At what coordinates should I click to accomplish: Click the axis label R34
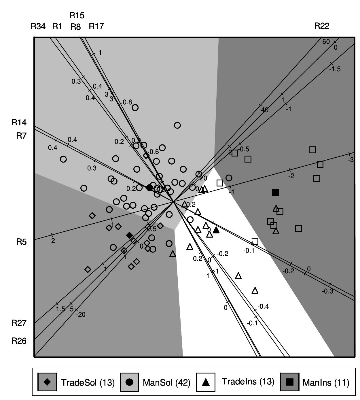click(38, 27)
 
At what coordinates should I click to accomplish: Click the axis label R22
click(322, 26)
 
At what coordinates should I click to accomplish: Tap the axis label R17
click(96, 27)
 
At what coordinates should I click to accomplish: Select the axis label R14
click(19, 123)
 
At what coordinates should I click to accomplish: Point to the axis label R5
click(21, 242)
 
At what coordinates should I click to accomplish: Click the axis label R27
click(19, 323)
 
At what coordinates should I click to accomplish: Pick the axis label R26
click(19, 341)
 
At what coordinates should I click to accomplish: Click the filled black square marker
click(275, 192)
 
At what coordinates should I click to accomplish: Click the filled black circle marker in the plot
click(149, 188)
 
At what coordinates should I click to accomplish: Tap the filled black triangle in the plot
click(216, 230)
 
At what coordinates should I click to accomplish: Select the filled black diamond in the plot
click(130, 235)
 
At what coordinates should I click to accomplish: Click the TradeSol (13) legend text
click(88, 383)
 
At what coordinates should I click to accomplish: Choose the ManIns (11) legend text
click(326, 383)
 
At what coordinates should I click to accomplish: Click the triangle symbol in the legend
click(206, 382)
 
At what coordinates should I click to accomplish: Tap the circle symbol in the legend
click(130, 382)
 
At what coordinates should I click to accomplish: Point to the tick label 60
click(326, 42)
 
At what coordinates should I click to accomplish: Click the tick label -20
click(81, 315)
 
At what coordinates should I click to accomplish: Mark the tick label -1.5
click(335, 69)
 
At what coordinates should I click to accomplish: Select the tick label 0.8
click(127, 102)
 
